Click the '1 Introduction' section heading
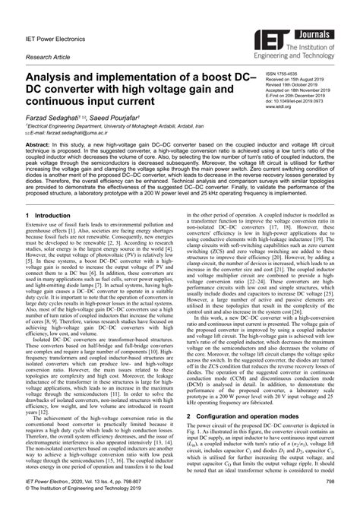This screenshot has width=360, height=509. coord(39,216)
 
